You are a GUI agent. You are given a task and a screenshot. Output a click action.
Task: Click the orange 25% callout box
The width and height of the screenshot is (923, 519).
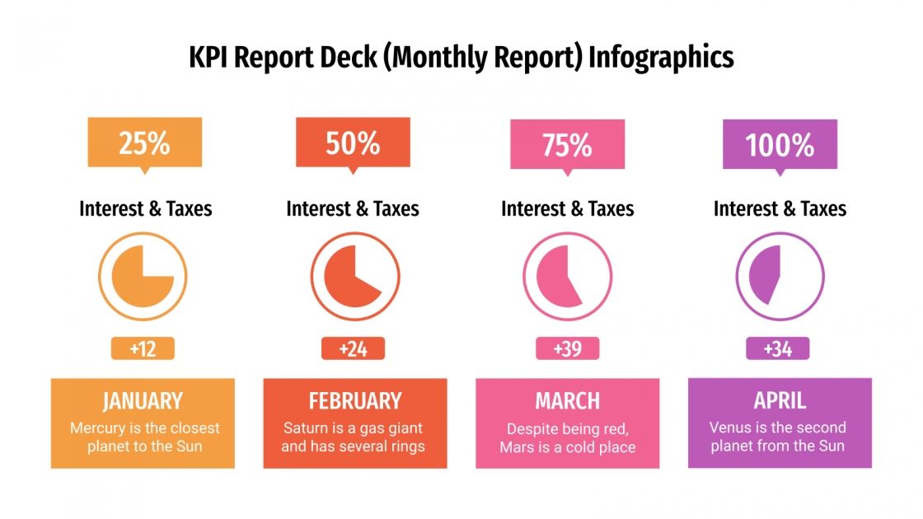click(x=144, y=143)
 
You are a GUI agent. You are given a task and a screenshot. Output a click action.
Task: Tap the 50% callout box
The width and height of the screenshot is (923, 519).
click(x=353, y=143)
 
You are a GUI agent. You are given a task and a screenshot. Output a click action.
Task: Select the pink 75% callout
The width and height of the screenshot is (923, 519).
click(x=567, y=145)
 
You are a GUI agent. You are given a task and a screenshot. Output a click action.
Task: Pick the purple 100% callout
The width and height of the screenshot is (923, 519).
click(x=780, y=145)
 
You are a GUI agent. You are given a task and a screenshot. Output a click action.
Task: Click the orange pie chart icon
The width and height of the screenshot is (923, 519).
click(x=143, y=276)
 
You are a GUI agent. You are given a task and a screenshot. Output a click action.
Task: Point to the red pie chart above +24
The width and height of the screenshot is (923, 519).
click(x=354, y=276)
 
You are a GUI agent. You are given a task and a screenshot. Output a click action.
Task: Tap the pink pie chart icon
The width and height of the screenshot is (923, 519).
click(x=567, y=276)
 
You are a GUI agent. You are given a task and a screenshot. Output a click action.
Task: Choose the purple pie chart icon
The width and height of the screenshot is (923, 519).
click(x=779, y=276)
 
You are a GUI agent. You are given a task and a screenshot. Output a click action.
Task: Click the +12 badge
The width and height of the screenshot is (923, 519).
click(x=143, y=348)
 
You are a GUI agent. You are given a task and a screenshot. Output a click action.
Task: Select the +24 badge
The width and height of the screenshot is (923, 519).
click(x=353, y=348)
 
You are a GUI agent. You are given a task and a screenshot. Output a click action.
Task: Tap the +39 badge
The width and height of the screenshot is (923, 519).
click(x=567, y=348)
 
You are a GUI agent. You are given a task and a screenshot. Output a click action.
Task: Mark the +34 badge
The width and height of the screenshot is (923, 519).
click(x=778, y=348)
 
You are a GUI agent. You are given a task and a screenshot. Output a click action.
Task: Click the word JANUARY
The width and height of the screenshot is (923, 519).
click(x=143, y=401)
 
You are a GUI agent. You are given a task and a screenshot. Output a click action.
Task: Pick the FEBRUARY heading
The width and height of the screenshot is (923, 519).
click(x=354, y=401)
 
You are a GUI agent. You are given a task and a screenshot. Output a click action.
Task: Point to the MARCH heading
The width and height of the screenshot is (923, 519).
click(x=567, y=401)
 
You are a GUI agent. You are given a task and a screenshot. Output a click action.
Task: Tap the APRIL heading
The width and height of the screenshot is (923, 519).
click(x=779, y=400)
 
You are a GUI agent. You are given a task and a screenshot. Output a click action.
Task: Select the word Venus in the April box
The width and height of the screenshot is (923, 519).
click(x=730, y=428)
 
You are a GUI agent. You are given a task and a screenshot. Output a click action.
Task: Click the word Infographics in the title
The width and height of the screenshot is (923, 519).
click(x=660, y=57)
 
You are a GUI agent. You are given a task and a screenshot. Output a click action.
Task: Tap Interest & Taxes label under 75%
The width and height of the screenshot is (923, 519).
click(x=567, y=208)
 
